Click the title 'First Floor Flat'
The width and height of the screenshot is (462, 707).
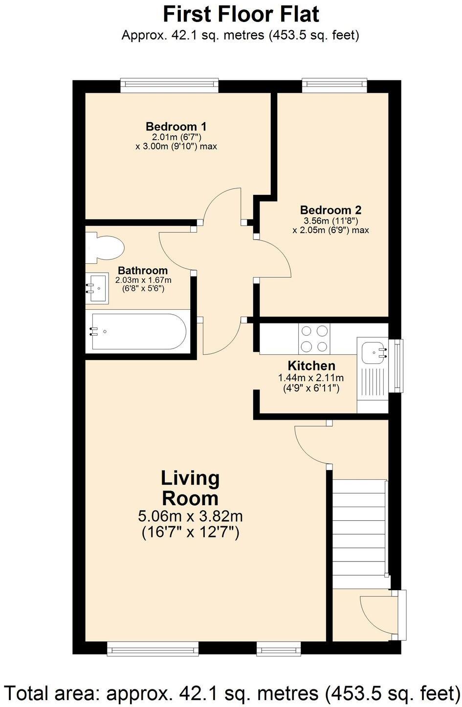(241, 15)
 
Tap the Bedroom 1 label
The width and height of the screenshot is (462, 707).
(176, 127)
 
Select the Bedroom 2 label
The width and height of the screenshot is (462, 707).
(330, 210)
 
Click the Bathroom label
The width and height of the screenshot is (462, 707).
(143, 270)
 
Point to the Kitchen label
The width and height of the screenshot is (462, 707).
(311, 366)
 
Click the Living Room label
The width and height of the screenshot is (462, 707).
(190, 488)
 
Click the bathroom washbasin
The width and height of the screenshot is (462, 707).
(97, 288)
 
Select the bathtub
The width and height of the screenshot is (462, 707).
(138, 331)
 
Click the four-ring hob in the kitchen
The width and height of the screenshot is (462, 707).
(314, 339)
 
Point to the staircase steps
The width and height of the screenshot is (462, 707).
(359, 534)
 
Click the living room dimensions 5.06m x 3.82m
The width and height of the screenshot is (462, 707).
(190, 516)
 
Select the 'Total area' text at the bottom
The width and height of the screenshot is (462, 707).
(232, 692)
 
